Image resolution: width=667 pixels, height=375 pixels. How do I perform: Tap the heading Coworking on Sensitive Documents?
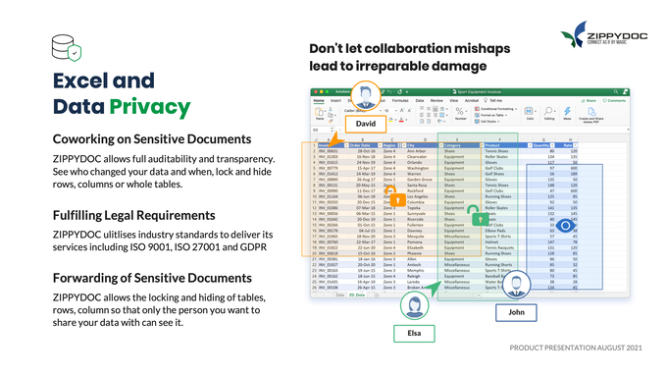[x=152, y=138]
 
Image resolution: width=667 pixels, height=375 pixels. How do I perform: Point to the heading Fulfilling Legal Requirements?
[x=134, y=214]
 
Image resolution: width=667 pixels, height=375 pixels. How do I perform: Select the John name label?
[x=516, y=313]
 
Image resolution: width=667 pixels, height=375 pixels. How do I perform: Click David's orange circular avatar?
[x=367, y=97]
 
